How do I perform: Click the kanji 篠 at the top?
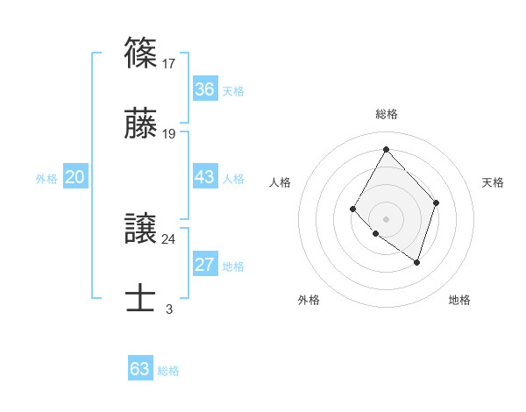[141, 52]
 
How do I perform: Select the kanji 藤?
[141, 124]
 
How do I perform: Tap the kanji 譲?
[141, 227]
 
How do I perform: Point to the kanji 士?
[141, 296]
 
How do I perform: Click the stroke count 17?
[169, 63]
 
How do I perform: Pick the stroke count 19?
[169, 135]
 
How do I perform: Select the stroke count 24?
[169, 238]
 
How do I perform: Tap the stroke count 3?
[169, 309]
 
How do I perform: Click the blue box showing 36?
[204, 89]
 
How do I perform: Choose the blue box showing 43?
[204, 177]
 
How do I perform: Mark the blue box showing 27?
[204, 265]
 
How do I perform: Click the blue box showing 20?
[75, 177]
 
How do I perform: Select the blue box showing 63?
[140, 369]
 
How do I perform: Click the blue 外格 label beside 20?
[46, 178]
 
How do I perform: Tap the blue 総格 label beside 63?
[168, 370]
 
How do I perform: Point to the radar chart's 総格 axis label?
[386, 114]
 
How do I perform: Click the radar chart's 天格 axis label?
[493, 182]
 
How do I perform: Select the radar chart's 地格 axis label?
[459, 300]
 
